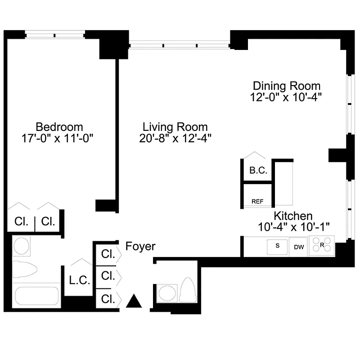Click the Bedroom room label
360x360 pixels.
tap(59, 126)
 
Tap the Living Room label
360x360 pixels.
tap(175, 126)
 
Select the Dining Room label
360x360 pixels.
tap(287, 85)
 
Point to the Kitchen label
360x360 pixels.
tap(293, 216)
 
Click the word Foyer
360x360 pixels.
tap(140, 246)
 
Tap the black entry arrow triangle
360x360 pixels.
tap(134, 301)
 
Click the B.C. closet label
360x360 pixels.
tap(258, 171)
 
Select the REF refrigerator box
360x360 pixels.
tap(257, 202)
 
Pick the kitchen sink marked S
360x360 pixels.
tap(278, 246)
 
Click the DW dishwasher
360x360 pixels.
tap(299, 247)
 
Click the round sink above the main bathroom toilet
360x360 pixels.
tap(21, 246)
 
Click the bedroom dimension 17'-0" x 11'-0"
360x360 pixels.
tap(59, 137)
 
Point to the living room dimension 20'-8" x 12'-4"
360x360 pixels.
tap(175, 138)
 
